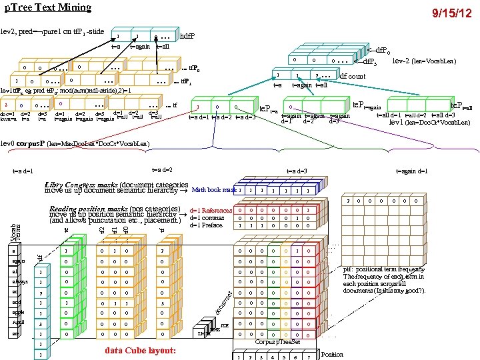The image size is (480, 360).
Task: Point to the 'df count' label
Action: [x=353, y=77]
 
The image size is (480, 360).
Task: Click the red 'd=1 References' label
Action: [x=211, y=211]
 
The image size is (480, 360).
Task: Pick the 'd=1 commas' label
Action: [x=207, y=217]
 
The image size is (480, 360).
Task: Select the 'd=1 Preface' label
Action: [x=207, y=225]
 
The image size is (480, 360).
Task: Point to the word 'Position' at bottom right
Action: [x=333, y=355]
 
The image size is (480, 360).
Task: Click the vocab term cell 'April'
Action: [x=17, y=322]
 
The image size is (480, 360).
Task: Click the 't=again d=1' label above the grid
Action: [x=413, y=171]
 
